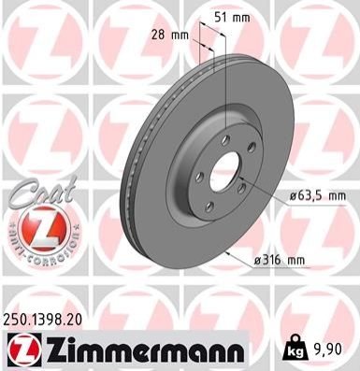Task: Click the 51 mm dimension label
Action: (x=233, y=18)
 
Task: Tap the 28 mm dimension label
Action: (x=170, y=35)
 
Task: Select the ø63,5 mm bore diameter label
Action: (x=317, y=196)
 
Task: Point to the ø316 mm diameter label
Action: (x=279, y=260)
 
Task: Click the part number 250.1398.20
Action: (x=43, y=320)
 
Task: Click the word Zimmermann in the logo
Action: (x=145, y=351)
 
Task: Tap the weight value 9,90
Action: (x=326, y=350)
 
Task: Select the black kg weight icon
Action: (x=294, y=349)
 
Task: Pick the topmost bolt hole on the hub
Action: (x=225, y=140)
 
